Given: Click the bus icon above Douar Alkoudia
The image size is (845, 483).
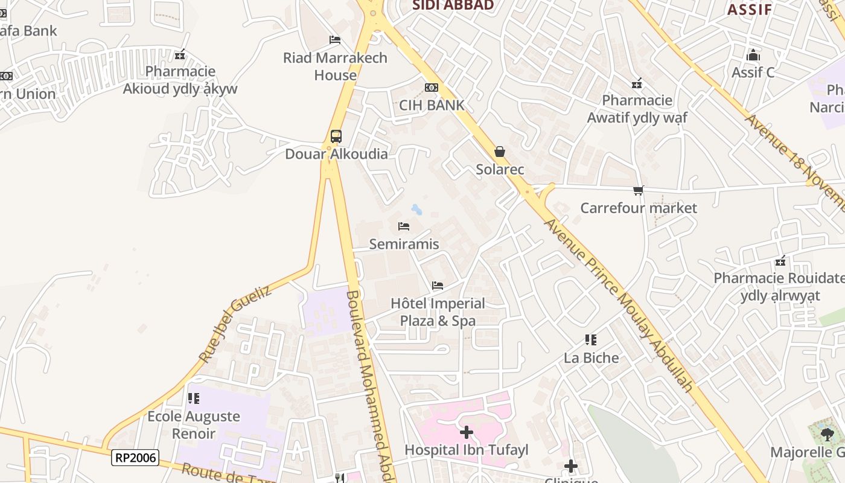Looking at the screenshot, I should [336, 136].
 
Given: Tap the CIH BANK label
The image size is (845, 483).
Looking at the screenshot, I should [432, 105].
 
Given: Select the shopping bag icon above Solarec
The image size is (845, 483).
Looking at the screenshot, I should [500, 152].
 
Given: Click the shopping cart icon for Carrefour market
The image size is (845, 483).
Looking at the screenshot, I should [639, 191].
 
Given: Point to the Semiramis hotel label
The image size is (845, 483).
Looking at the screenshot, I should [404, 244].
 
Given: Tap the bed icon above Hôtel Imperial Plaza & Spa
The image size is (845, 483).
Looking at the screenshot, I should [438, 285].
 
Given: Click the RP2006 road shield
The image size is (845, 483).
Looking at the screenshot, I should [135, 458].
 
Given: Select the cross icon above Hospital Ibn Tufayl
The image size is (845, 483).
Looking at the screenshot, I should [466, 432].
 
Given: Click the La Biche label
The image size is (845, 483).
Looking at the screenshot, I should [591, 357].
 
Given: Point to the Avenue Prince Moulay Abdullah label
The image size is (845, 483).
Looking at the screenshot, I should [618, 304].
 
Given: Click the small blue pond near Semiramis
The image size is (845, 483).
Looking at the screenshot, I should [416, 210].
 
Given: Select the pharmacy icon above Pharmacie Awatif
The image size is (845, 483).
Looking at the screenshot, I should [637, 83].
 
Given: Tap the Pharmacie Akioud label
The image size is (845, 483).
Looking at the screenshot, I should [180, 80].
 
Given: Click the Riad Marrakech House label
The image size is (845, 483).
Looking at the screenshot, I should [336, 66].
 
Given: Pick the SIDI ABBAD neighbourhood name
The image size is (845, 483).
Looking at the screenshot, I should [453, 5].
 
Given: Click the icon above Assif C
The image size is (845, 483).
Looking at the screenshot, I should [753, 56].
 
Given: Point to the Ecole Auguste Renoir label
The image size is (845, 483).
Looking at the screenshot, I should [194, 424].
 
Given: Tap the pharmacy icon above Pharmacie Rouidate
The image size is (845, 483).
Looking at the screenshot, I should [780, 261].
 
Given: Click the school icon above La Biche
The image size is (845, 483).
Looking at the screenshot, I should [591, 340].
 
